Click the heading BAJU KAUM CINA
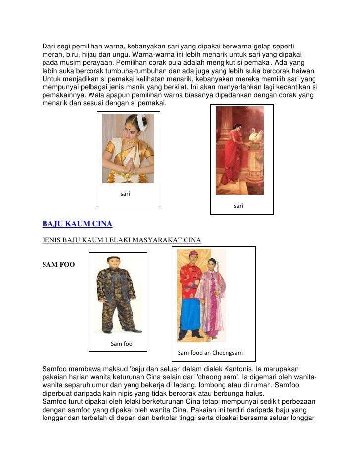coord(77,224)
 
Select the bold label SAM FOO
coord(58,265)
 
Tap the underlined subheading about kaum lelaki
coord(122,240)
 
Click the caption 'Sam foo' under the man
coord(121,344)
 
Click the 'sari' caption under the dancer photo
coord(125,194)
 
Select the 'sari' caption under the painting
coord(238,206)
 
